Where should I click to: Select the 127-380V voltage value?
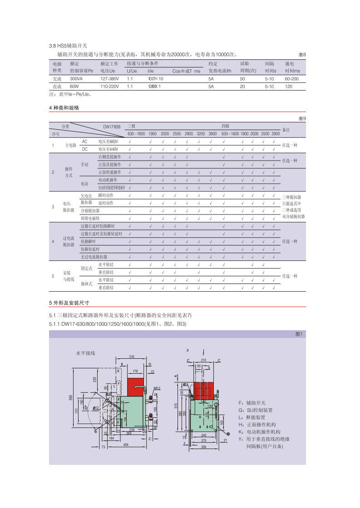(x=109, y=78)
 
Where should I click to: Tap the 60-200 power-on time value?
(x=292, y=78)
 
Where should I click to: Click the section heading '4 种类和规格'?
(x=64, y=108)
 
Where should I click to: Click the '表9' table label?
(x=302, y=118)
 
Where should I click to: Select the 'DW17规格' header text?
(x=112, y=127)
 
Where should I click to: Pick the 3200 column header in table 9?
(x=200, y=134)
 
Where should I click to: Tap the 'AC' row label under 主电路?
(x=84, y=142)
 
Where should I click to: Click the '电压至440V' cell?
(x=108, y=149)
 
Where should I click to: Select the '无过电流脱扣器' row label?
(x=93, y=257)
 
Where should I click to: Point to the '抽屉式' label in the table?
(x=86, y=284)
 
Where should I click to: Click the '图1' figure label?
(x=299, y=334)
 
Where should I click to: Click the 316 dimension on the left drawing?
(x=132, y=357)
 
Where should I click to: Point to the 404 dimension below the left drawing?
(x=126, y=445)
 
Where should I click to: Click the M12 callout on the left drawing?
(x=157, y=389)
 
